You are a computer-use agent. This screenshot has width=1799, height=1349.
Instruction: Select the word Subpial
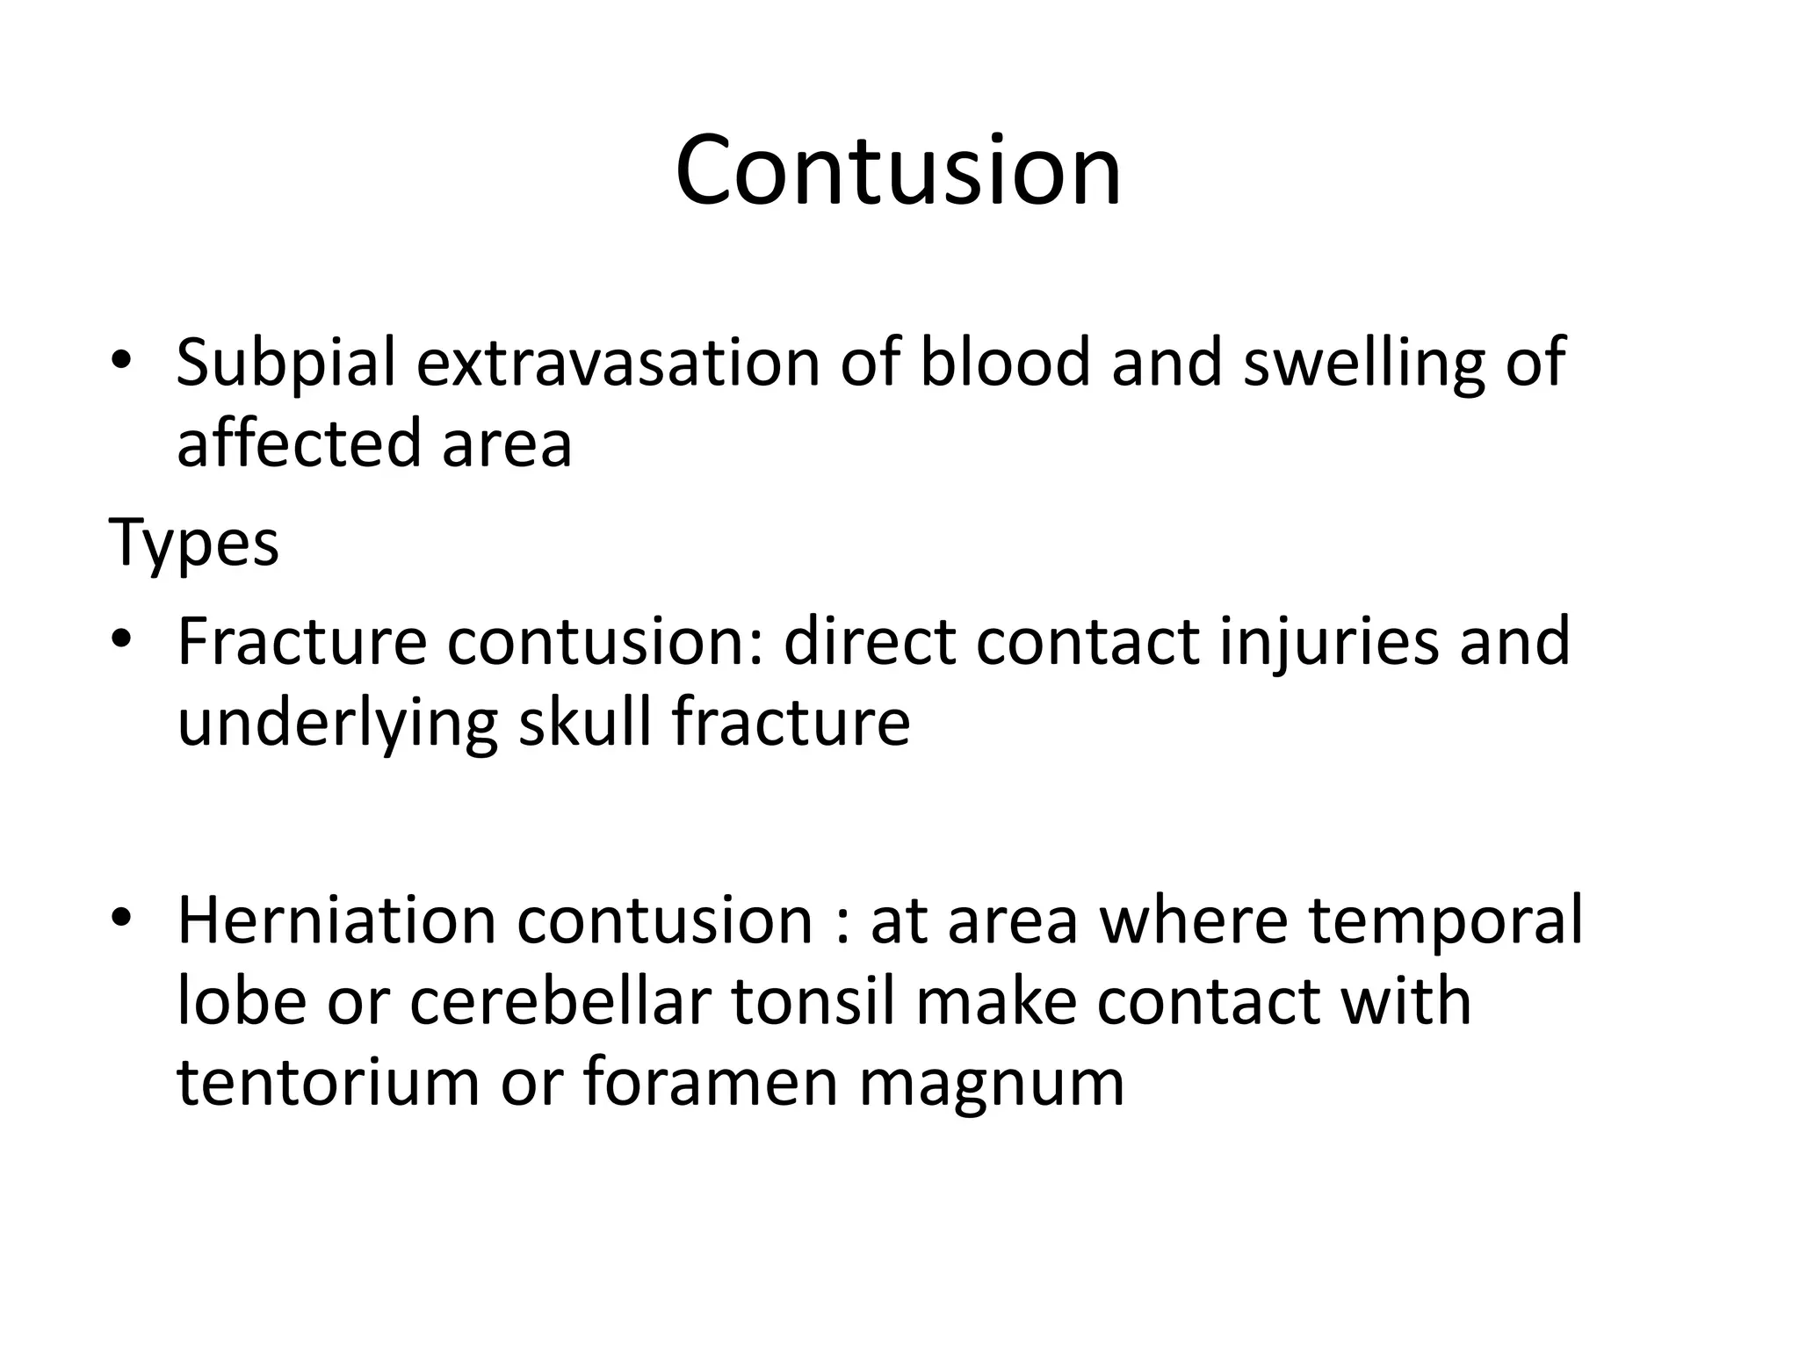pos(285,363)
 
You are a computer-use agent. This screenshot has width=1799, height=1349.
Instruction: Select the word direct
pos(869,641)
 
